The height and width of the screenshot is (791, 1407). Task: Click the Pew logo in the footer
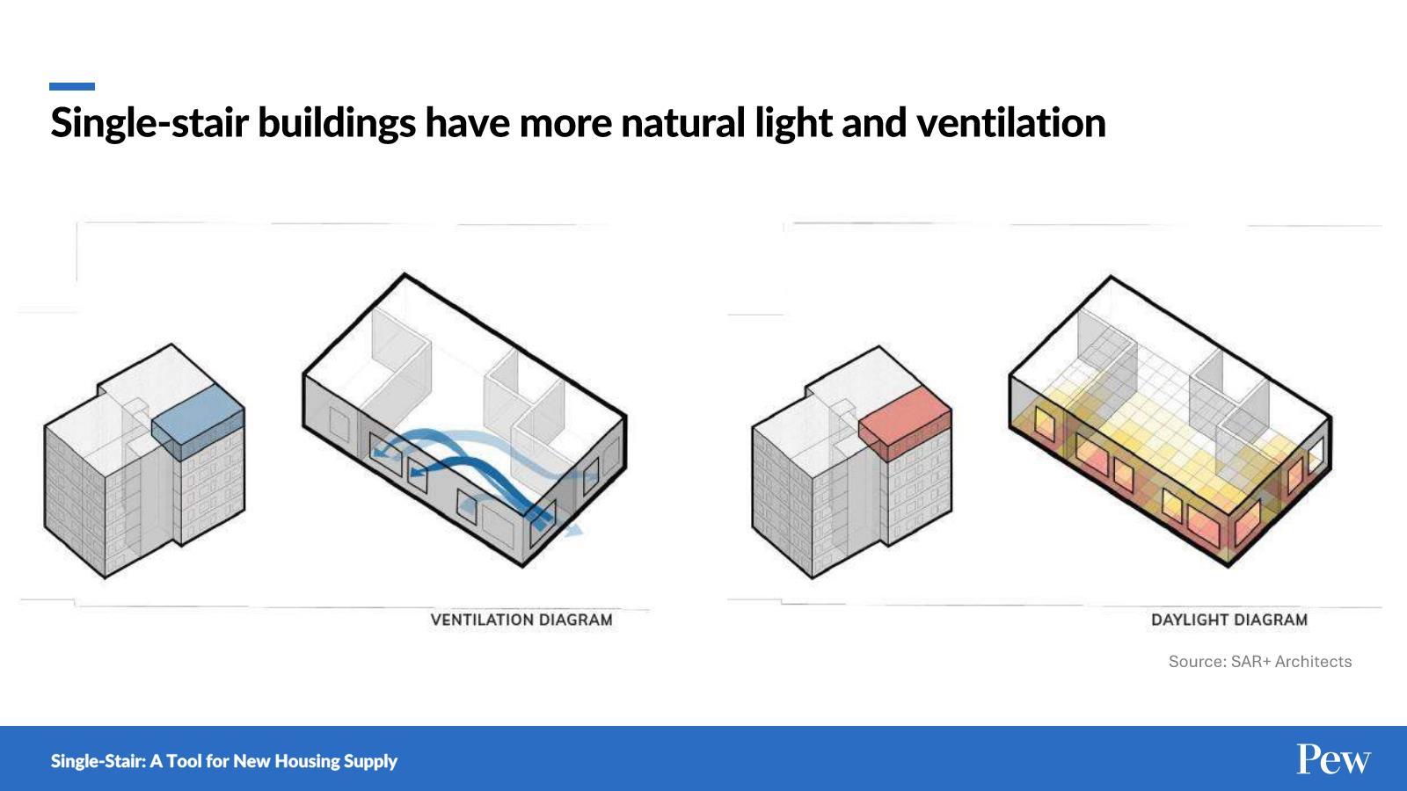pos(1333,759)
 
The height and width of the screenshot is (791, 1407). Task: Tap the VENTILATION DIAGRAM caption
pos(521,620)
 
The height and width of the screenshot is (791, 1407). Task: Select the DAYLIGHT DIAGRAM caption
pos(1229,620)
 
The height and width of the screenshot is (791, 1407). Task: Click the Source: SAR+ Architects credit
pos(1260,661)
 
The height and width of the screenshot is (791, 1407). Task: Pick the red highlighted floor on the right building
pos(905,423)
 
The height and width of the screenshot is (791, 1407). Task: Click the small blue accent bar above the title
pos(72,87)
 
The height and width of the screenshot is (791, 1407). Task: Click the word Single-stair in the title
pos(149,124)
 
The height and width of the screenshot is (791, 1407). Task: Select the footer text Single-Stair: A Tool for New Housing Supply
pos(224,761)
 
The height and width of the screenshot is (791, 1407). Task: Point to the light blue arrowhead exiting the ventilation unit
pos(572,530)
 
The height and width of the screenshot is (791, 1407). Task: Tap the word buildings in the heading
pos(337,124)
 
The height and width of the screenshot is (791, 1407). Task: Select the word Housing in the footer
pos(304,762)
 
